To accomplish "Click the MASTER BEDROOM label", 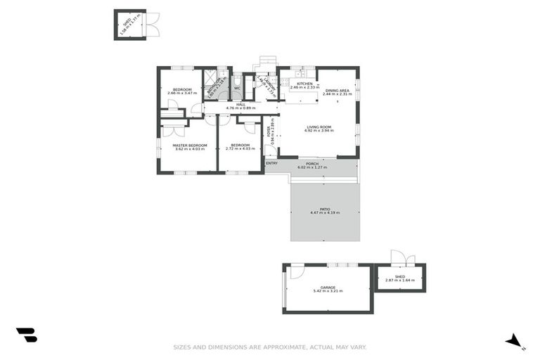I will click(x=190, y=145).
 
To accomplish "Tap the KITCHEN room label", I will click(x=304, y=84).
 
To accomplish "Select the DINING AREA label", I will click(x=337, y=90).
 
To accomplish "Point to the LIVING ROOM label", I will click(x=318, y=127).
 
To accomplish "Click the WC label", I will click(x=238, y=88).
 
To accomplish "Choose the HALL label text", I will click(x=240, y=105).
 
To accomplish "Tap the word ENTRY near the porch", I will click(x=271, y=163).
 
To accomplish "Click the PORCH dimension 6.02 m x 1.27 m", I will click(x=313, y=167).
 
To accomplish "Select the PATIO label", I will click(x=325, y=208).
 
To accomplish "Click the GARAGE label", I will click(x=327, y=287).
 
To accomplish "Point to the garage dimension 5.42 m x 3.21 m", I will click(x=327, y=291).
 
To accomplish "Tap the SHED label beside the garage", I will click(x=399, y=276).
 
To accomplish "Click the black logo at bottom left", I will click(x=27, y=335).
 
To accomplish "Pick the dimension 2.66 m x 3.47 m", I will click(x=182, y=94).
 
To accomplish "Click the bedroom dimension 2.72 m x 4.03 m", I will click(x=240, y=149).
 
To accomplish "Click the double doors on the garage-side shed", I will click(x=399, y=257).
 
